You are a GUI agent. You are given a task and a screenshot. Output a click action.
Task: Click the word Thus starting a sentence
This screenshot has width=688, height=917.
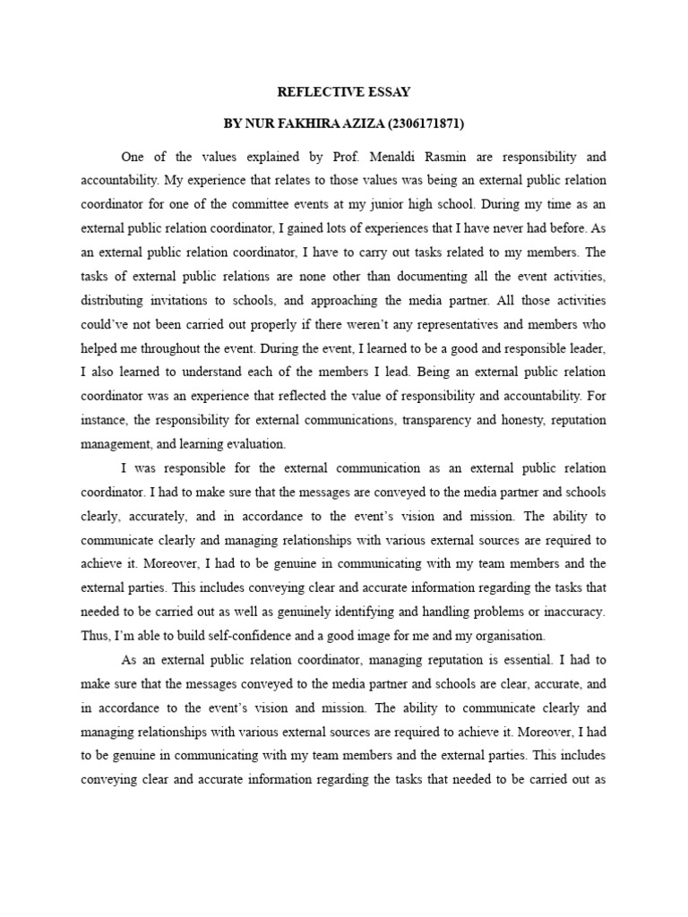(x=96, y=637)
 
